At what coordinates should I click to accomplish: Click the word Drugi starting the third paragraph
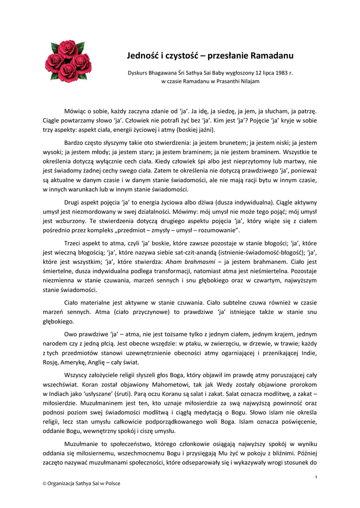pyautogui.click(x=73, y=202)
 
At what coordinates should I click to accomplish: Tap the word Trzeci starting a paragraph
pyautogui.click(x=74, y=243)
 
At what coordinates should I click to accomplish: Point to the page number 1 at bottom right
pyautogui.click(x=316, y=477)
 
